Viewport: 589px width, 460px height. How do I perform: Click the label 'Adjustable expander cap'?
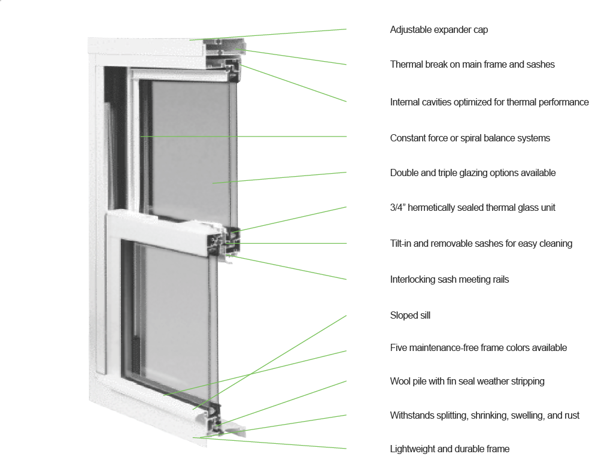point(439,30)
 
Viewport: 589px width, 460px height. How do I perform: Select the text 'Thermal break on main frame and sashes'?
point(472,64)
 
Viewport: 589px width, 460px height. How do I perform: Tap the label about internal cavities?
point(489,102)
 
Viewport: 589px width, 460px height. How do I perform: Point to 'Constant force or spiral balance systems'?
point(470,138)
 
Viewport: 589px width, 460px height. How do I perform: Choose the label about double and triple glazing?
point(472,173)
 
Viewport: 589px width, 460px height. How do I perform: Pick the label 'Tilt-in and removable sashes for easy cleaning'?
point(481,244)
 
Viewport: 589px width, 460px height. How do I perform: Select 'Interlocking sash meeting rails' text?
point(450,280)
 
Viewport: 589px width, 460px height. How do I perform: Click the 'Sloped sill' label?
point(410,315)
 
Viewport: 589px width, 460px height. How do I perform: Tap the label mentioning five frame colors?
point(478,347)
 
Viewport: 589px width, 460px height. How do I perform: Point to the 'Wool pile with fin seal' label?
point(467,381)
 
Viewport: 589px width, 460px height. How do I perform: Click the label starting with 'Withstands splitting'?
point(485,415)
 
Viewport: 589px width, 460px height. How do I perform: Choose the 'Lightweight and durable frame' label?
point(450,449)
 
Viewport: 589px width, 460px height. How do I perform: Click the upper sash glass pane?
point(190,150)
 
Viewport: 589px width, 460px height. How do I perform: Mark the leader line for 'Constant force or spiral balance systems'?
point(244,137)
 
